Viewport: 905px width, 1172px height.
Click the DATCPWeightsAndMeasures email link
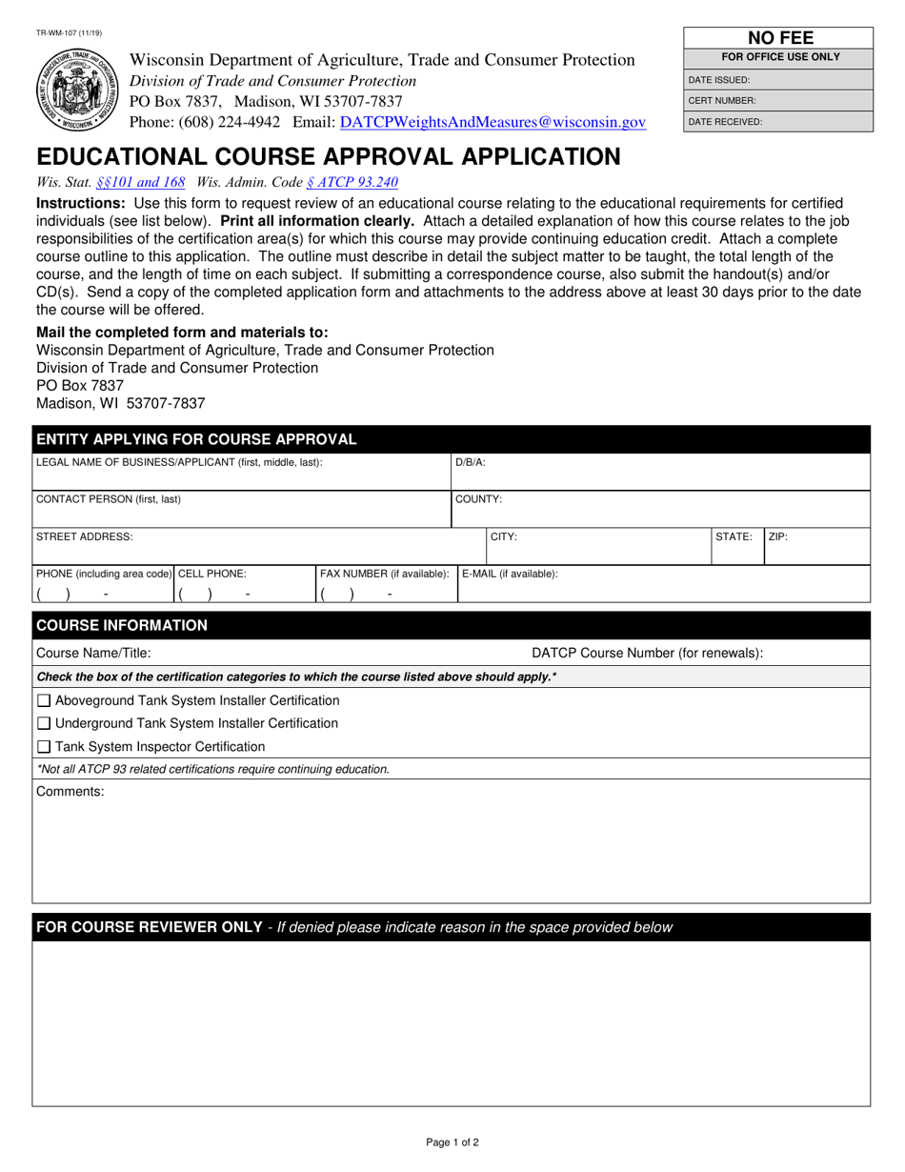pyautogui.click(x=493, y=123)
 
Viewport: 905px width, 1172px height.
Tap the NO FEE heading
pyautogui.click(x=779, y=39)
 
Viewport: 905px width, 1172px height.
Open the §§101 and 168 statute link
pyautogui.click(x=140, y=182)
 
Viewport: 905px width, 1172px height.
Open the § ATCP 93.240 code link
pyautogui.click(x=352, y=182)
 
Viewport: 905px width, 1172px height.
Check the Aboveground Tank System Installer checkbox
pyautogui.click(x=44, y=701)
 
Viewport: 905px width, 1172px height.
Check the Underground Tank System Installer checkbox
pyautogui.click(x=44, y=724)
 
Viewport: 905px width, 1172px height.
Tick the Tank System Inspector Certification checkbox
pyautogui.click(x=44, y=747)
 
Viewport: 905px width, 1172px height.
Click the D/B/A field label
pyautogui.click(x=471, y=462)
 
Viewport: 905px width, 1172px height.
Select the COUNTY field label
pyautogui.click(x=478, y=498)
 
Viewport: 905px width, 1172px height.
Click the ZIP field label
pyautogui.click(x=778, y=537)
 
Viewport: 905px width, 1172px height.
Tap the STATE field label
pyautogui.click(x=734, y=537)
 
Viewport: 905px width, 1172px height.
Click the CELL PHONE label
pyautogui.click(x=212, y=574)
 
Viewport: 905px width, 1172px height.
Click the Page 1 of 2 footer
pyautogui.click(x=452, y=1142)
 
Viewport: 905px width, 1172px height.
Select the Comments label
pyautogui.click(x=70, y=792)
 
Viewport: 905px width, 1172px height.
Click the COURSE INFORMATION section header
pyautogui.click(x=121, y=625)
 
